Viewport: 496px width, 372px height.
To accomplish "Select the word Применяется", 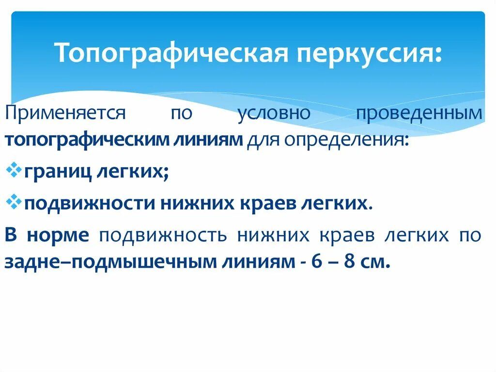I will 65,114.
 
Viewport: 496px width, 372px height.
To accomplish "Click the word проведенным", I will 419,114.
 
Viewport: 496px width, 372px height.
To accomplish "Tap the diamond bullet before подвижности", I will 14,202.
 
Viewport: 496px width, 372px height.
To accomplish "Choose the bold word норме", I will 60,235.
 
